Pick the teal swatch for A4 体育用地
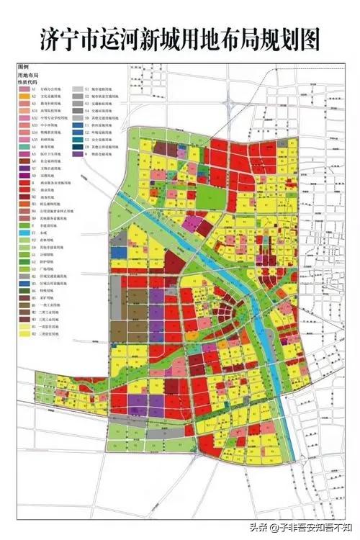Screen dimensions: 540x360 click(x=23, y=146)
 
